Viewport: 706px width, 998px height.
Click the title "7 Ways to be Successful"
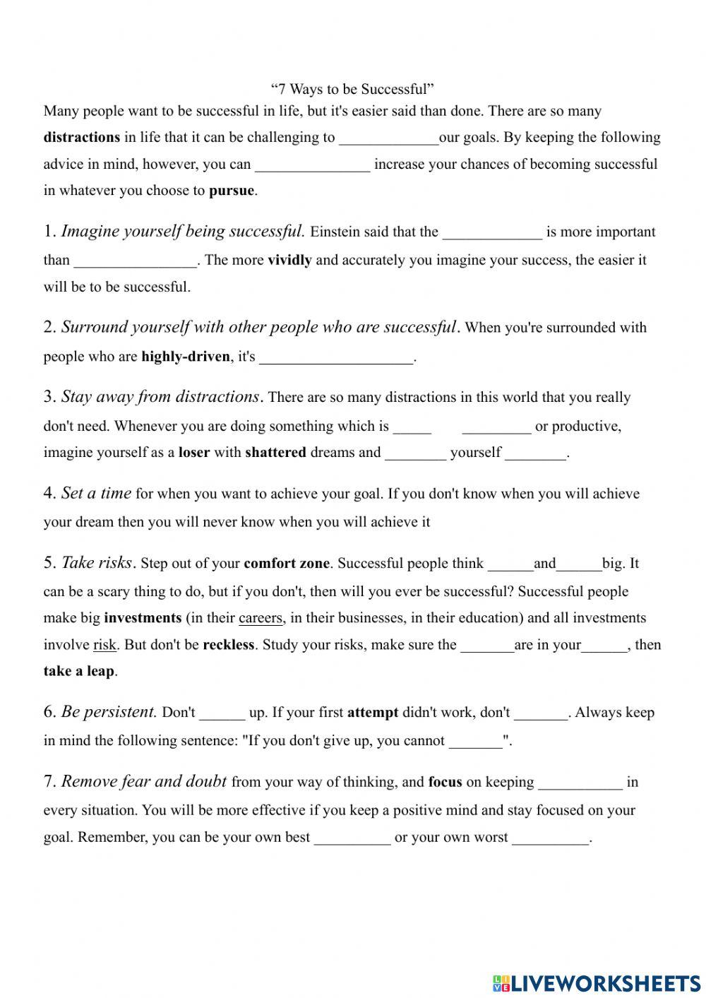(x=352, y=89)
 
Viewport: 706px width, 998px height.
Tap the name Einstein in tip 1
(x=335, y=232)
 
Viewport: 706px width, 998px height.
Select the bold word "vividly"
(x=289, y=260)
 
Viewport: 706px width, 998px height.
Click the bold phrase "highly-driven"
(x=186, y=357)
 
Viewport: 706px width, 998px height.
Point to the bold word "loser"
(x=194, y=453)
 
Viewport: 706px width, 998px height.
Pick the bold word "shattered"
(x=275, y=453)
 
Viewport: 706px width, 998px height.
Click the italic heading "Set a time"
(x=96, y=493)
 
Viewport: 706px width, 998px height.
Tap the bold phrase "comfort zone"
(x=287, y=564)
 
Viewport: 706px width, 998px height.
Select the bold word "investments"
(x=143, y=618)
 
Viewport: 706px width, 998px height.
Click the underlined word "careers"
(x=261, y=618)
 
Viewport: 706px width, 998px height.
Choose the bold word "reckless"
(x=228, y=645)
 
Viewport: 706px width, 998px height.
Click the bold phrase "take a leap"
(x=78, y=672)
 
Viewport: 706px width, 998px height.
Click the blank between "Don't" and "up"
(x=222, y=713)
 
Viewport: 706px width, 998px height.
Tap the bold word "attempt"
(x=373, y=713)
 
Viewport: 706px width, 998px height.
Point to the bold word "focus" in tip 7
(x=445, y=783)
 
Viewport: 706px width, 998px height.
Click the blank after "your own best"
(x=352, y=838)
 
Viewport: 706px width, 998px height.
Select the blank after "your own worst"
(x=549, y=838)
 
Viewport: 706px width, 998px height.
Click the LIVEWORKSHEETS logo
(x=597, y=982)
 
